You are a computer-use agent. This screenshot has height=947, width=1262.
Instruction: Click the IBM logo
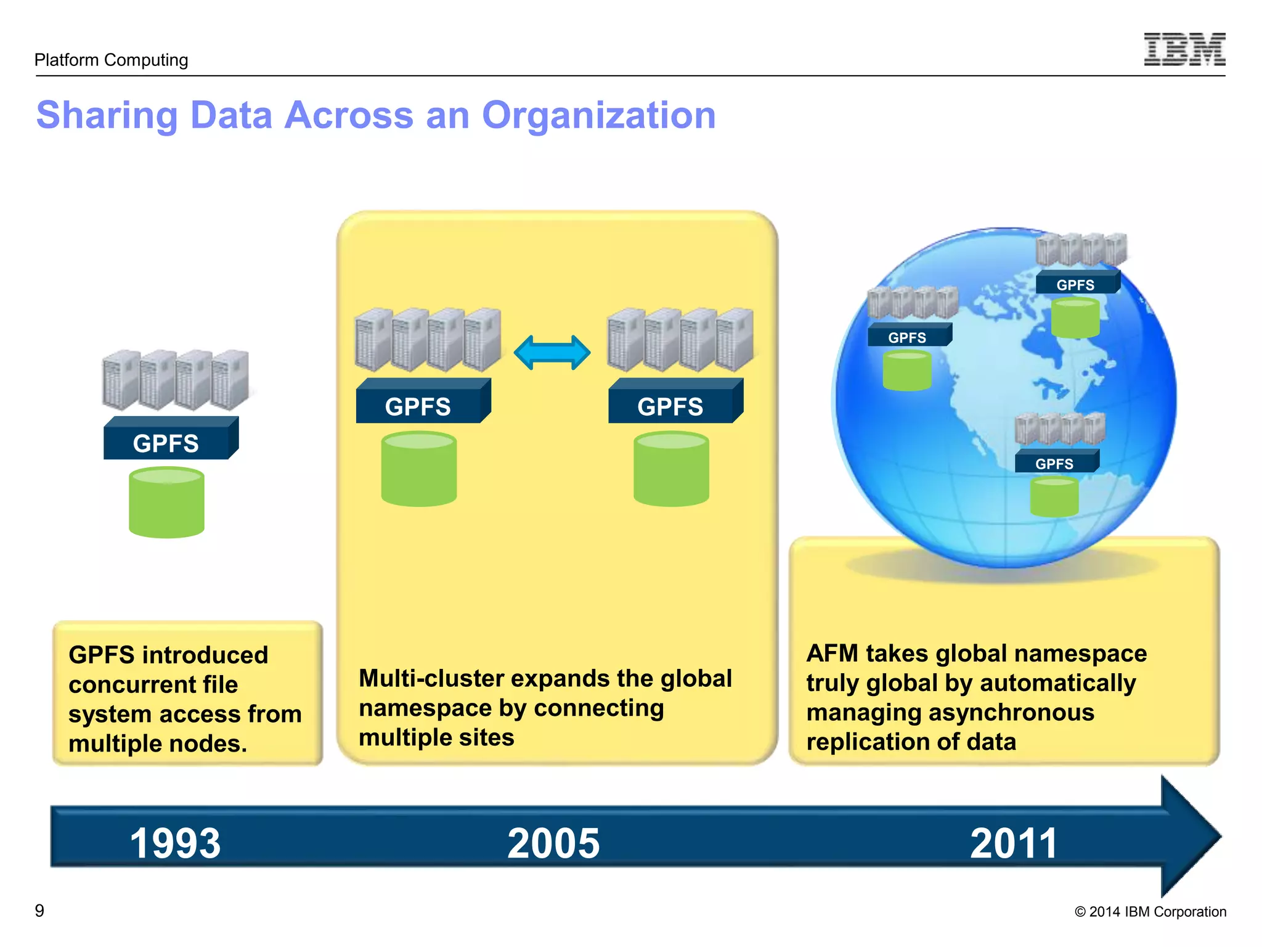(1184, 49)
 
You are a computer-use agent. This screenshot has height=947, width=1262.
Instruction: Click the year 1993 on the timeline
(175, 843)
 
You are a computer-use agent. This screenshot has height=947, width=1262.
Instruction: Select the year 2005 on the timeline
(553, 843)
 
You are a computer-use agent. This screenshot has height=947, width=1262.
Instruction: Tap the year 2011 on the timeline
(1014, 843)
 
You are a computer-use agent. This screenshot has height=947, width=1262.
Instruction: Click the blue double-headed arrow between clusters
(552, 353)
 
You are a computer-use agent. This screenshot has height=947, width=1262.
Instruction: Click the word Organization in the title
(598, 115)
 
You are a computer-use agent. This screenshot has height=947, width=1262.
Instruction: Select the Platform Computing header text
(111, 60)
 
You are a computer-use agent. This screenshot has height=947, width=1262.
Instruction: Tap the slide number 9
(39, 911)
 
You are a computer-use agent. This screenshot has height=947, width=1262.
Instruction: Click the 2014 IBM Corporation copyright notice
(1150, 912)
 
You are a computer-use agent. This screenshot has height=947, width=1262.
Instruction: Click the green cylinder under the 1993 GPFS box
(166, 502)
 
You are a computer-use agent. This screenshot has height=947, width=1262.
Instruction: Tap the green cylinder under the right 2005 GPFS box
(671, 469)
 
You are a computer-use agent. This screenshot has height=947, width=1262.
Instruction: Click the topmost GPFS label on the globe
(1075, 285)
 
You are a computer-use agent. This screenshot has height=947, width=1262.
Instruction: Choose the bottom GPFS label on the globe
(1054, 464)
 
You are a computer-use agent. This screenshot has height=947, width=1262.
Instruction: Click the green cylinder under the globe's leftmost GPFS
(906, 371)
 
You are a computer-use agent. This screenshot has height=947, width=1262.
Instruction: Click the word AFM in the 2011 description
(832, 654)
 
